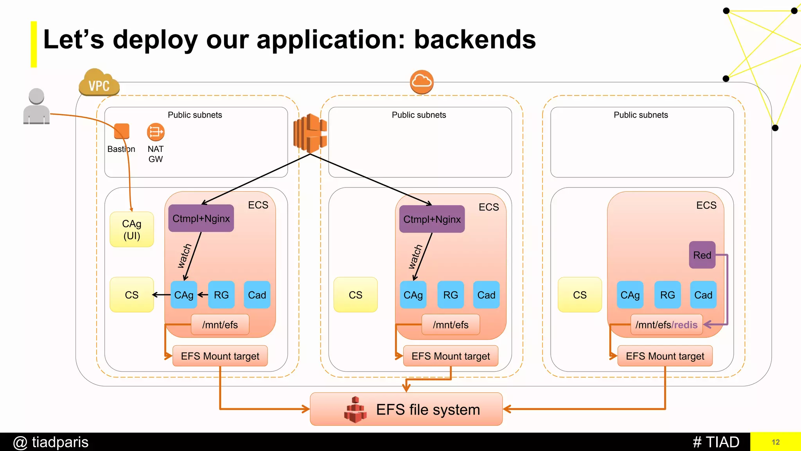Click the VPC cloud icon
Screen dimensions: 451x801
(x=99, y=83)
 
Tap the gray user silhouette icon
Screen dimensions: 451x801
(x=36, y=106)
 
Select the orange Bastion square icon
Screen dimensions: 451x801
(x=122, y=131)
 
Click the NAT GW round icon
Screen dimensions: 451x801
(x=156, y=132)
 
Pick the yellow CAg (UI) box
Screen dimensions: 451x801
(x=132, y=229)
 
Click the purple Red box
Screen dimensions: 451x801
(x=702, y=255)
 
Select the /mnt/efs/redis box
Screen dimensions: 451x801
(x=666, y=325)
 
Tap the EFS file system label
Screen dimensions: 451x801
(x=428, y=410)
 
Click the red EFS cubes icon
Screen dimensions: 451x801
(x=355, y=410)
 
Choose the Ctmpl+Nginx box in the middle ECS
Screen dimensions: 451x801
(x=432, y=219)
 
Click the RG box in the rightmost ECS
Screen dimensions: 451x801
(x=667, y=295)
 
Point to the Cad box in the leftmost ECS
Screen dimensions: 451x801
(x=257, y=295)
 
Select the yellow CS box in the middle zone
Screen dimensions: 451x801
(x=356, y=295)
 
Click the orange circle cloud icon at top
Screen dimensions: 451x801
(x=422, y=82)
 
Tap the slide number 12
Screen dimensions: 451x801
(x=776, y=442)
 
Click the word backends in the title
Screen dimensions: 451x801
(x=475, y=40)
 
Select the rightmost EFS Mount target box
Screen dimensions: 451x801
(x=665, y=356)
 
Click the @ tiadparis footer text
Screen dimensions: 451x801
(x=51, y=442)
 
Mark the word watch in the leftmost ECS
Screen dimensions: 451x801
(x=184, y=256)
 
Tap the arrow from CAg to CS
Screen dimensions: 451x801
(x=161, y=295)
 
